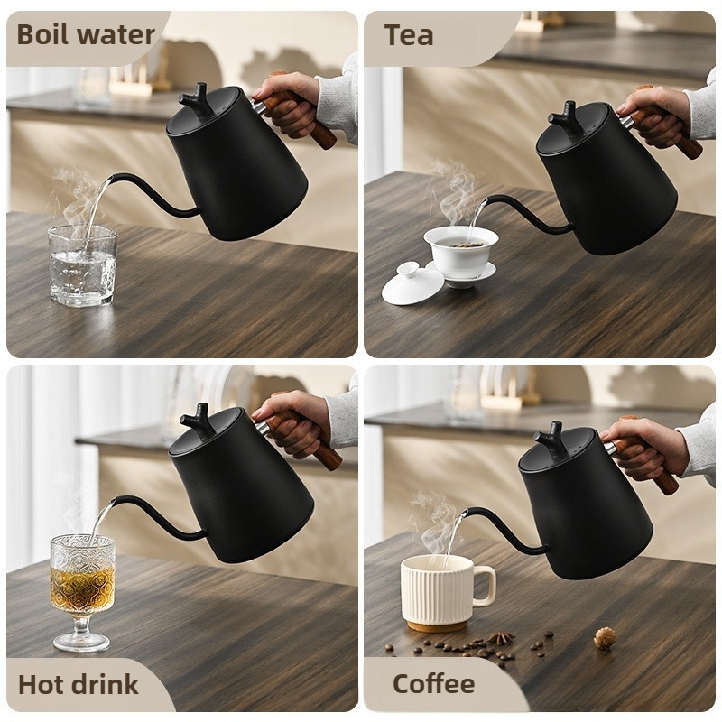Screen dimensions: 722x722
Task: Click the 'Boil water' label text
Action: [86, 35]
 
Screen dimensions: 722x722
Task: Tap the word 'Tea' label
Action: [409, 35]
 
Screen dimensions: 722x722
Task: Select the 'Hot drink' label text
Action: [79, 684]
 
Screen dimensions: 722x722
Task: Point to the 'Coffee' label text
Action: [433, 684]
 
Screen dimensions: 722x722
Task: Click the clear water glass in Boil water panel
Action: [82, 265]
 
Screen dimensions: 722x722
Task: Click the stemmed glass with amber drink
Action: [82, 593]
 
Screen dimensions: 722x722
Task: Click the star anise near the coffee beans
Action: [500, 637]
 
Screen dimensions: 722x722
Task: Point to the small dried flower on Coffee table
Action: [605, 638]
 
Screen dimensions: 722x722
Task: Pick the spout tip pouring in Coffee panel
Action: [465, 513]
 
